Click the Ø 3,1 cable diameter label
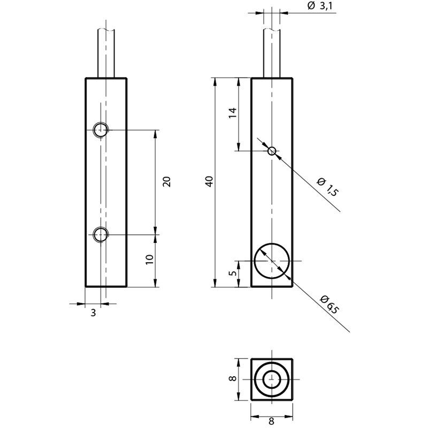point(319,6)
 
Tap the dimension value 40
point(209,182)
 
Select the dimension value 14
point(233,113)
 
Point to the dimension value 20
point(166,182)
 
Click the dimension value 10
point(150,259)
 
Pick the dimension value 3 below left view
point(93,313)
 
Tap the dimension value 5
point(233,273)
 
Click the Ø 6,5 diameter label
point(330,304)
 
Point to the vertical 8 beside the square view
point(233,379)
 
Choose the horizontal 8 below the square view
point(271,422)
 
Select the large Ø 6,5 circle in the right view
point(272,243)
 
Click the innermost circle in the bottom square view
point(272,371)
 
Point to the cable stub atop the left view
point(106,53)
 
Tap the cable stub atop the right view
point(272,53)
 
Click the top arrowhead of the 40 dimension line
point(215,82)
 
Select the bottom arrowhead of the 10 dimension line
point(156,283)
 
